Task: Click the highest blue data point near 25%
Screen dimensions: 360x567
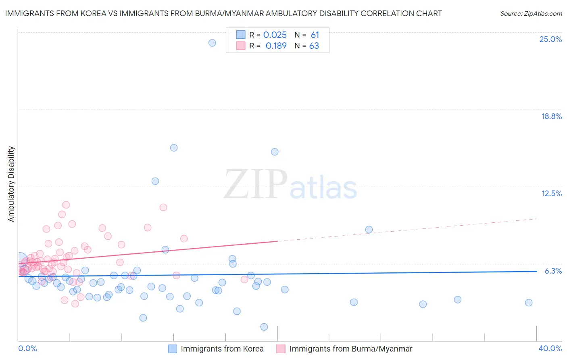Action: pyautogui.click(x=212, y=43)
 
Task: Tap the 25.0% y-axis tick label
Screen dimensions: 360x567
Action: pyautogui.click(x=550, y=39)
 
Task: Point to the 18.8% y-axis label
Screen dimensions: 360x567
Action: pyautogui.click(x=551, y=116)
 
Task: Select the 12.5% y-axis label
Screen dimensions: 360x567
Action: pyautogui.click(x=551, y=193)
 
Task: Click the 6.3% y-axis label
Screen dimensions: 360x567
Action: pyautogui.click(x=553, y=271)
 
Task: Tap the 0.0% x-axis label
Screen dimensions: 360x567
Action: pyautogui.click(x=27, y=348)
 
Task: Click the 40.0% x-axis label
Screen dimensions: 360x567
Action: pyautogui.click(x=550, y=348)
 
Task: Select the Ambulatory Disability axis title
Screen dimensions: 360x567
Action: pyautogui.click(x=11, y=184)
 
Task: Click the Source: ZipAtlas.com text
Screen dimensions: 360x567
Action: pyautogui.click(x=531, y=13)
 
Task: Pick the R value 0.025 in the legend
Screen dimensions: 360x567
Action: pyautogui.click(x=275, y=35)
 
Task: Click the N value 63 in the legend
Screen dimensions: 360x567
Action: pyautogui.click(x=314, y=46)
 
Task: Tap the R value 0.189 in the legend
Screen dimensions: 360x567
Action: pyautogui.click(x=276, y=46)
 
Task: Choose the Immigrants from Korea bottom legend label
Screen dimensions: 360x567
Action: pyautogui.click(x=222, y=349)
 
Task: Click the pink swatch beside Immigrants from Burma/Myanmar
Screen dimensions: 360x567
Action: pyautogui.click(x=281, y=349)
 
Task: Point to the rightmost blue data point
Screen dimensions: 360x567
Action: pyautogui.click(x=529, y=303)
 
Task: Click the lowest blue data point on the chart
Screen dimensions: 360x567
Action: pyautogui.click(x=264, y=327)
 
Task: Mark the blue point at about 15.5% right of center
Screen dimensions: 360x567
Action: pyautogui.click(x=275, y=152)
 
